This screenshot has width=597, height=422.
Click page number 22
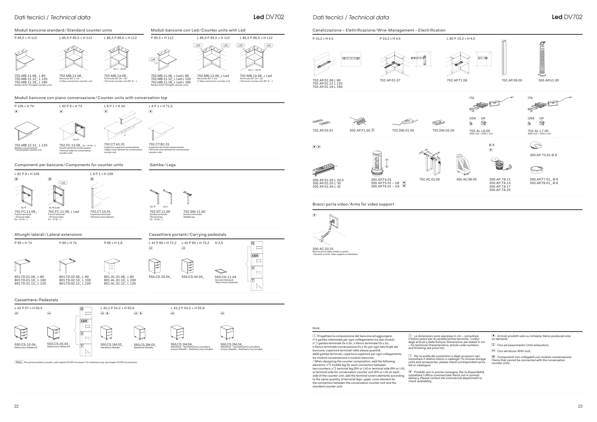tap(16, 406)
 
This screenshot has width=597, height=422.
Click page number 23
tap(580, 406)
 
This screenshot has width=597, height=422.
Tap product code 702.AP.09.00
tap(512, 80)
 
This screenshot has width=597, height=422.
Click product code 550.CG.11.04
tap(225, 277)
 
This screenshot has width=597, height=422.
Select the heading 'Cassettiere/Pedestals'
tap(36, 300)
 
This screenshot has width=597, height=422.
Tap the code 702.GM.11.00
tap(194, 212)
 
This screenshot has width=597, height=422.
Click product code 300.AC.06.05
tap(466, 179)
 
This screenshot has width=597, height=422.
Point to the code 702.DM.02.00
tap(443, 131)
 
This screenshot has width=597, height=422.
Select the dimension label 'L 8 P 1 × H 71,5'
tap(160, 106)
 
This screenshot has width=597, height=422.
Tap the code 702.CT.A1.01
tap(114, 144)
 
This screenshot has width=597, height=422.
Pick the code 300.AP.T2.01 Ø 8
tap(543, 155)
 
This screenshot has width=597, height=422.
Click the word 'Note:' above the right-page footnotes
tap(316, 328)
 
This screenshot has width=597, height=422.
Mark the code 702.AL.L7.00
tap(538, 131)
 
